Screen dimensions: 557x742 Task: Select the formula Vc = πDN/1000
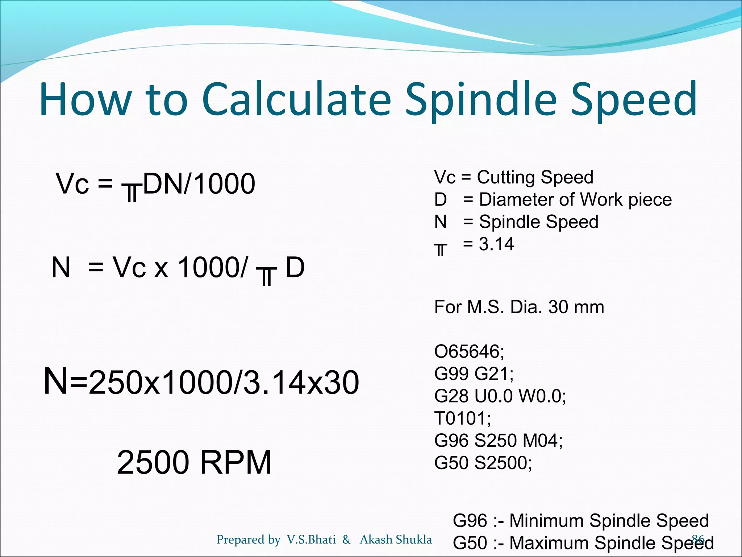[x=155, y=185]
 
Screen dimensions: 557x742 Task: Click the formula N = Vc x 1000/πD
[x=178, y=268]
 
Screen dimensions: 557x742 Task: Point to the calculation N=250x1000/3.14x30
[x=201, y=382]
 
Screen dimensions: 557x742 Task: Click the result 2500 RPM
[x=194, y=462]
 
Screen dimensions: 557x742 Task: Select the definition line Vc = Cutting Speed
[x=513, y=177]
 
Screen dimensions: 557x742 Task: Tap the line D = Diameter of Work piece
[x=553, y=200]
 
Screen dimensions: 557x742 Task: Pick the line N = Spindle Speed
[x=516, y=222]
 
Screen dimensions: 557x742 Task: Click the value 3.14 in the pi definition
[x=496, y=244]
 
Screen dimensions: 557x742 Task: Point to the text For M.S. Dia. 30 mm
[x=519, y=307]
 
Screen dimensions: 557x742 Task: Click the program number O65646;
[x=469, y=351]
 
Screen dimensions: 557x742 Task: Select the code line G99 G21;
[x=474, y=374]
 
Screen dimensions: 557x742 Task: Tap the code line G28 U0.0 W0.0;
[x=500, y=396]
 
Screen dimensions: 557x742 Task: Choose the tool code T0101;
[x=463, y=418]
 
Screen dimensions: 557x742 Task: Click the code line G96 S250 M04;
[x=499, y=441]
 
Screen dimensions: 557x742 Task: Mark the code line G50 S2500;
[x=483, y=463]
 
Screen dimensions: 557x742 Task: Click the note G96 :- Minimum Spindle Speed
[x=580, y=521]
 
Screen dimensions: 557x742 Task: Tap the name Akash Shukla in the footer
[x=396, y=540]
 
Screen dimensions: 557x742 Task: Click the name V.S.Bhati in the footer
[x=311, y=540]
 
